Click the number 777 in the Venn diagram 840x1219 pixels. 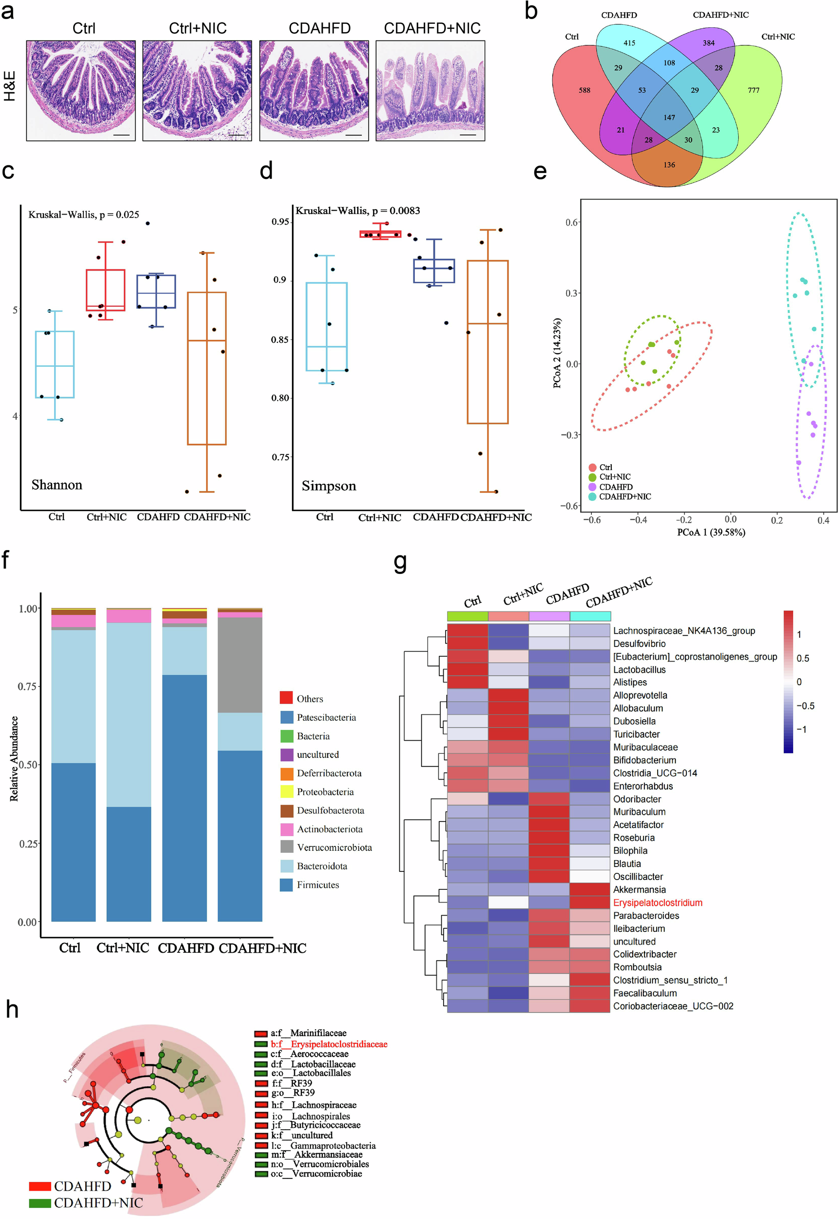pyautogui.click(x=753, y=91)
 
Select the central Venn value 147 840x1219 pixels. pyautogui.click(x=669, y=118)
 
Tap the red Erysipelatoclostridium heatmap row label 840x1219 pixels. pyautogui.click(x=657, y=902)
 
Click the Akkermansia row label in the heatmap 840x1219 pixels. pyautogui.click(x=639, y=889)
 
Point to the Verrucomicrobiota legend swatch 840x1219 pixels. pyautogui.click(x=287, y=847)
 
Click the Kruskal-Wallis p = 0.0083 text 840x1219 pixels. pyautogui.click(x=357, y=211)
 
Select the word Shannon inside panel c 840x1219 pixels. pyautogui.click(x=57, y=484)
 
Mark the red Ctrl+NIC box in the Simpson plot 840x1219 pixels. pyautogui.click(x=380, y=234)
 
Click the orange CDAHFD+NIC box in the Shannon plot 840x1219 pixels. pyautogui.click(x=207, y=369)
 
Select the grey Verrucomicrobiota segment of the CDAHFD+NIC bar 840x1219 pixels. pyautogui.click(x=240, y=665)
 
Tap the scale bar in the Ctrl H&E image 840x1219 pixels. pyautogui.click(x=121, y=135)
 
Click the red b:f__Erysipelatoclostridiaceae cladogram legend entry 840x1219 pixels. pyautogui.click(x=329, y=1044)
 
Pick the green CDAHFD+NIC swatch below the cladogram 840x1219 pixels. pyautogui.click(x=39, y=1203)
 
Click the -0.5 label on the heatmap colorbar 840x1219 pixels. pyautogui.click(x=805, y=706)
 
